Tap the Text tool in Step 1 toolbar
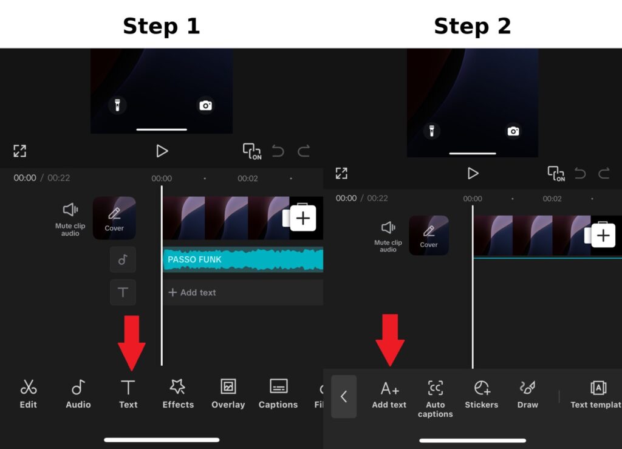pos(128,394)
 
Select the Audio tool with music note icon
pos(78,394)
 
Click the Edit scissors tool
pos(28,394)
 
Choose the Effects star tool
pos(178,394)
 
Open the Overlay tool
pos(228,394)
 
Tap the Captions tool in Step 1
pos(278,394)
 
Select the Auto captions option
pos(436,398)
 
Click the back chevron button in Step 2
pos(344,397)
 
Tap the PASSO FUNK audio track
pos(242,259)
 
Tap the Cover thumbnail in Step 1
pos(114,218)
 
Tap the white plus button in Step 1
pos(302,218)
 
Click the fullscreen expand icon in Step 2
pos(341,173)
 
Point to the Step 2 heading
pos(472,26)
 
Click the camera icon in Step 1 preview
pos(206,106)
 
